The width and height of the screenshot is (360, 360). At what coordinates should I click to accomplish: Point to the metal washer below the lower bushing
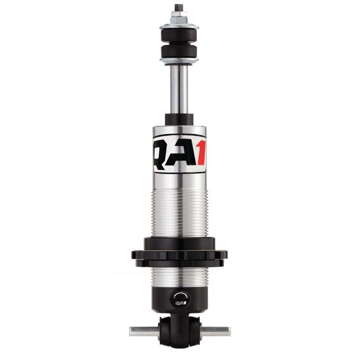pos(179,61)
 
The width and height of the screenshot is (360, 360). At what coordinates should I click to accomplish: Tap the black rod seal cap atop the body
pos(179,120)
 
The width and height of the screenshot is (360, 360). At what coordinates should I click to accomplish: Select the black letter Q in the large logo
pos(163,153)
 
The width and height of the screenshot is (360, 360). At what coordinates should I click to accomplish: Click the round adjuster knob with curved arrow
pos(179,299)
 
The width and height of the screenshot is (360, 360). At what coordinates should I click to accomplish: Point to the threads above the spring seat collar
pos(179,212)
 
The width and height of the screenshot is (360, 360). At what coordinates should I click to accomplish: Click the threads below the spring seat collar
pos(179,275)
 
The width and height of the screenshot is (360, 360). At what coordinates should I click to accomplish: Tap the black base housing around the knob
pos(159,299)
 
